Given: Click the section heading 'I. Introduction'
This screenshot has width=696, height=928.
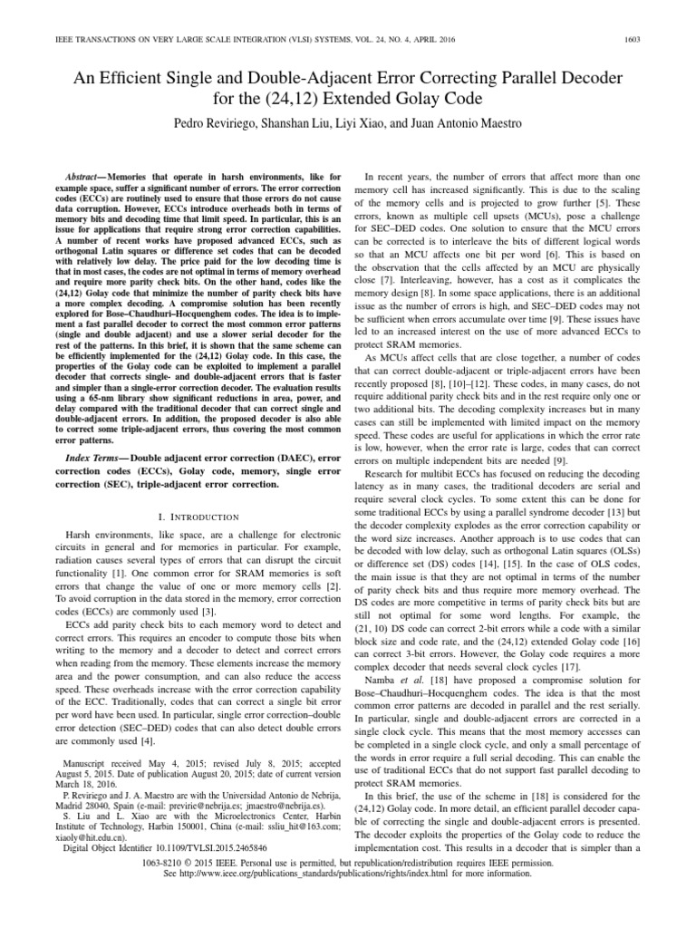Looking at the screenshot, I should coord(192,516).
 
